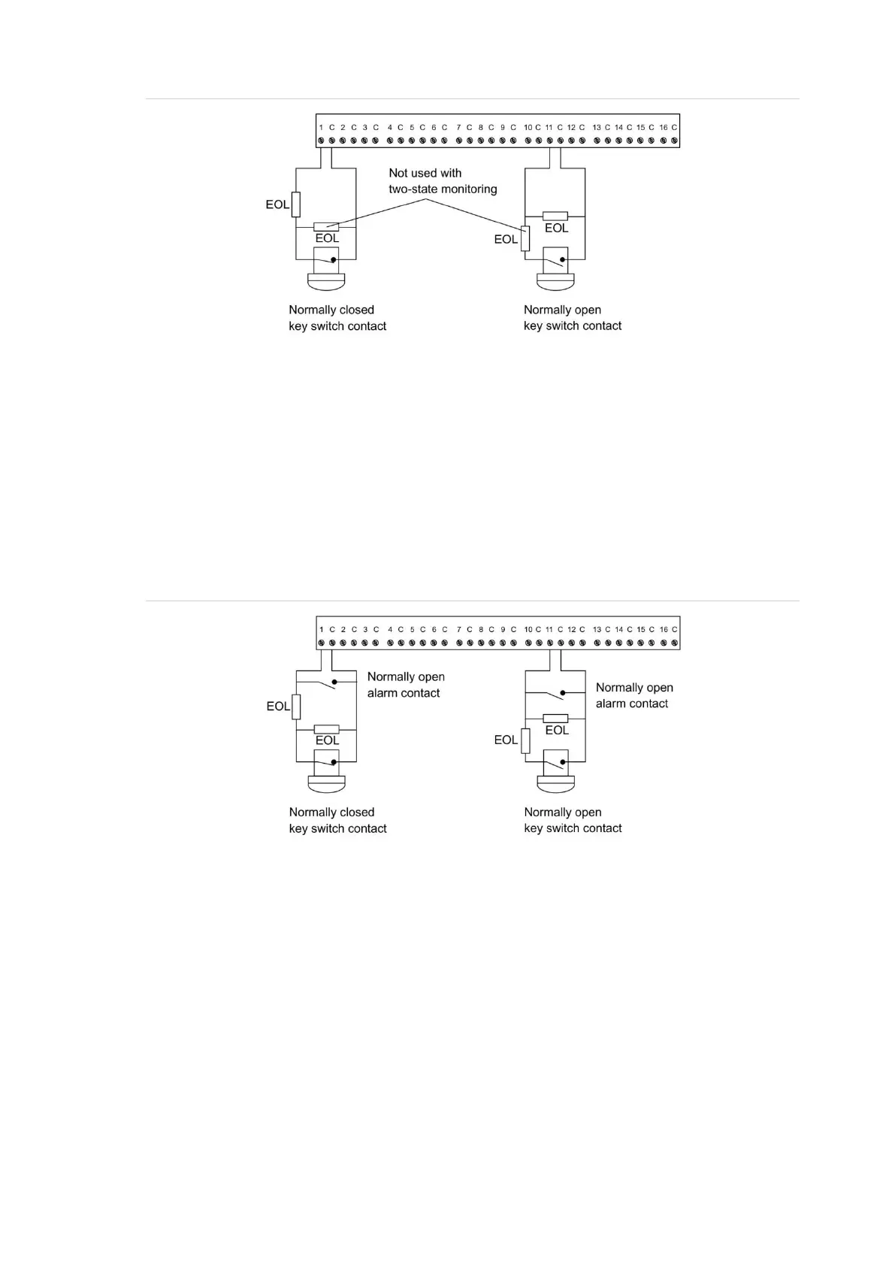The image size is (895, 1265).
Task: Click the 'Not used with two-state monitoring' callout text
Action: pyautogui.click(x=442, y=181)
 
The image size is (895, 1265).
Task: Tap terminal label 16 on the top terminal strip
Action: pyautogui.click(x=663, y=128)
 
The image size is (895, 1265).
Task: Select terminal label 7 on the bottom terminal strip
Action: pyautogui.click(x=458, y=630)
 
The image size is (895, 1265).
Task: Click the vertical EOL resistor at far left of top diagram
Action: pyautogui.click(x=296, y=204)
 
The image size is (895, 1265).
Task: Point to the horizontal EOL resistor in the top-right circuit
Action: pyautogui.click(x=555, y=216)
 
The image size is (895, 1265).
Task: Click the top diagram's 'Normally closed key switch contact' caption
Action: pyautogui.click(x=337, y=318)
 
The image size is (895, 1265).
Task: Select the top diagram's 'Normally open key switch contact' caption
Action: pyautogui.click(x=572, y=318)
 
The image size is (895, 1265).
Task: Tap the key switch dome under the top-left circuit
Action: pyautogui.click(x=326, y=282)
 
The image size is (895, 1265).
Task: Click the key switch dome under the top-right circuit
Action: pyautogui.click(x=555, y=282)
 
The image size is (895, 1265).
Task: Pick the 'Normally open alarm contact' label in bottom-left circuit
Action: pyautogui.click(x=405, y=685)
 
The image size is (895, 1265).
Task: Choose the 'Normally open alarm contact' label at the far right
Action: pyautogui.click(x=633, y=695)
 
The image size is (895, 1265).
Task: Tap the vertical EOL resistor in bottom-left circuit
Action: pyautogui.click(x=296, y=707)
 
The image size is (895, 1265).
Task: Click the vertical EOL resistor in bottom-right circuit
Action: pyautogui.click(x=525, y=740)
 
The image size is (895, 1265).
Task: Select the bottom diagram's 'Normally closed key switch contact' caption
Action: pyautogui.click(x=337, y=820)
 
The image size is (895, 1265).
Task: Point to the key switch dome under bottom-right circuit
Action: pyautogui.click(x=555, y=784)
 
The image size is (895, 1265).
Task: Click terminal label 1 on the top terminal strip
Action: pyautogui.click(x=321, y=128)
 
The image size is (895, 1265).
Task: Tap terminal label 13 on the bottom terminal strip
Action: pyautogui.click(x=597, y=630)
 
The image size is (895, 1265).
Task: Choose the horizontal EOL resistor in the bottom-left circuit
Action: pyautogui.click(x=326, y=729)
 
